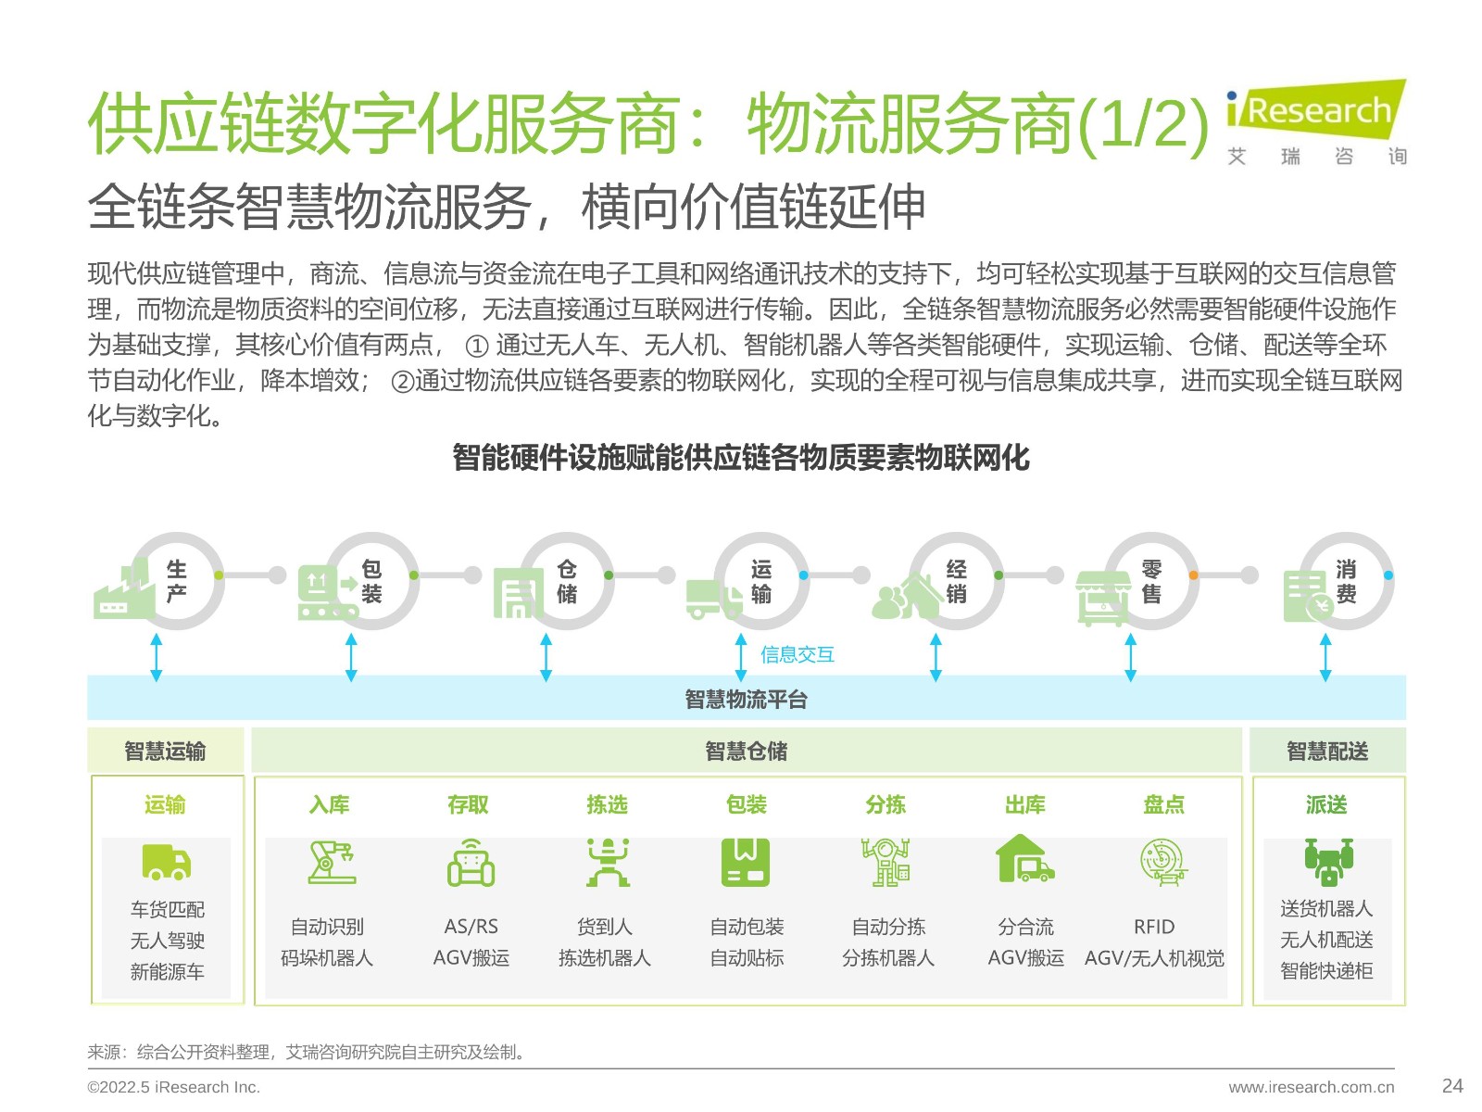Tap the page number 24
pyautogui.click(x=1451, y=1086)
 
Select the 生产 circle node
pyautogui.click(x=176, y=580)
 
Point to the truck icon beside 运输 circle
pyautogui.click(x=713, y=599)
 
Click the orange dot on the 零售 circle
pyautogui.click(x=1193, y=575)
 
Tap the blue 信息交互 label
pyautogui.click(x=798, y=653)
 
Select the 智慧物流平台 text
pyautogui.click(x=746, y=699)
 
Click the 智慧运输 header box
pyautogui.click(x=166, y=750)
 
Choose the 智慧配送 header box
pyautogui.click(x=1327, y=750)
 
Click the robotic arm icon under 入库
pyautogui.click(x=332, y=862)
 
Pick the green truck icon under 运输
pyautogui.click(x=166, y=862)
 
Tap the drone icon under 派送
pyautogui.click(x=1328, y=862)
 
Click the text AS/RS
pyautogui.click(x=471, y=927)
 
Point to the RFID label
pyautogui.click(x=1154, y=927)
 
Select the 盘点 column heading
pyautogui.click(x=1163, y=804)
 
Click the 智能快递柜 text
pyautogui.click(x=1326, y=971)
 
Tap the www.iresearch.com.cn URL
pyautogui.click(x=1312, y=1087)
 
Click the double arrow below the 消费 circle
pyautogui.click(x=1325, y=657)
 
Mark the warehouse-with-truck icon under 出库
pyautogui.click(x=1024, y=859)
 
